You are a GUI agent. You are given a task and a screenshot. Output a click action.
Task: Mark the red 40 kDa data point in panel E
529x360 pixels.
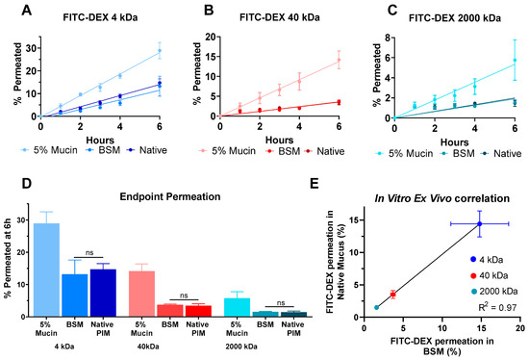(x=392, y=295)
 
